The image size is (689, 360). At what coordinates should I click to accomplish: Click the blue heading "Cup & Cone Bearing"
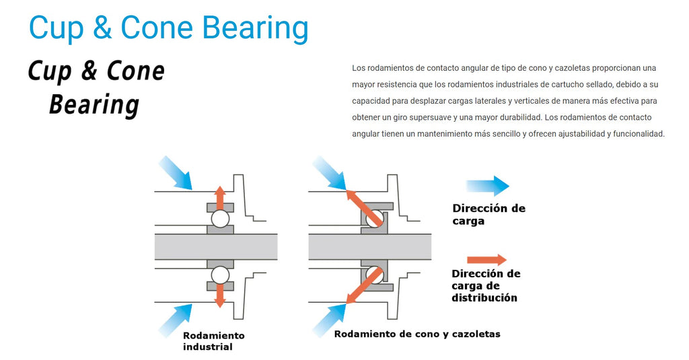pos(169,28)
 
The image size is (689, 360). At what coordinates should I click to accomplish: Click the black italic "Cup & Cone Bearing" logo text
pos(96,88)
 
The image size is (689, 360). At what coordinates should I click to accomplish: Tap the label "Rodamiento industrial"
pos(213,340)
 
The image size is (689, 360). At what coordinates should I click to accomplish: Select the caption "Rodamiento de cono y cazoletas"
pos(416,334)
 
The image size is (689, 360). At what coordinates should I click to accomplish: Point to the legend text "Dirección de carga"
pos(488,214)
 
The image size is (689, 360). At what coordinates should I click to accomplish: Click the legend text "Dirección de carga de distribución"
pos(485,285)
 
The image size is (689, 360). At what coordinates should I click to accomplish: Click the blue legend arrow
pos(488,186)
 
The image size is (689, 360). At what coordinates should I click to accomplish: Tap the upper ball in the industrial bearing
pos(220,219)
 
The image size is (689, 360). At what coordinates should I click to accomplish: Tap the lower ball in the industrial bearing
pos(220,275)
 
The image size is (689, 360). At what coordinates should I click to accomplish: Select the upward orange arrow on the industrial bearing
pos(220,197)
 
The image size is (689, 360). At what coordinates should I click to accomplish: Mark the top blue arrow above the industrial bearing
pos(175,172)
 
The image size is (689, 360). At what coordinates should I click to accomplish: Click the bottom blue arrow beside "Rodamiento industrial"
pos(176,319)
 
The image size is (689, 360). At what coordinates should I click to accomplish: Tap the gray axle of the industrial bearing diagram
pos(215,247)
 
